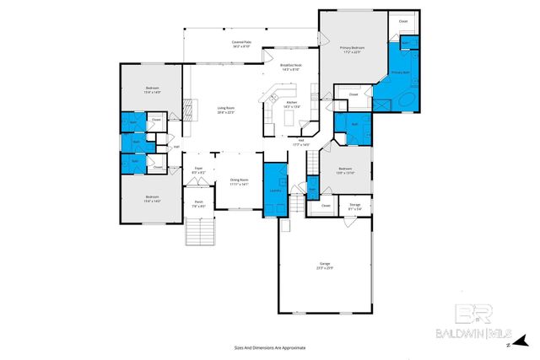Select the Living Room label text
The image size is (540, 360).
tap(225, 110)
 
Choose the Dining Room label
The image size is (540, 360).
tap(239, 181)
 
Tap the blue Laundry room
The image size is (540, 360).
tap(275, 189)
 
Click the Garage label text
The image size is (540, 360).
tap(324, 266)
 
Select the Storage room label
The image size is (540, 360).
tap(354, 205)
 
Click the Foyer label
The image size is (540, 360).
tap(198, 170)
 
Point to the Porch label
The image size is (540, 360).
tap(198, 203)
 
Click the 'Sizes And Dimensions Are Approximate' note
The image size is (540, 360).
tap(269, 347)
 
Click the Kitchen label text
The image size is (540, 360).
tap(291, 105)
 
